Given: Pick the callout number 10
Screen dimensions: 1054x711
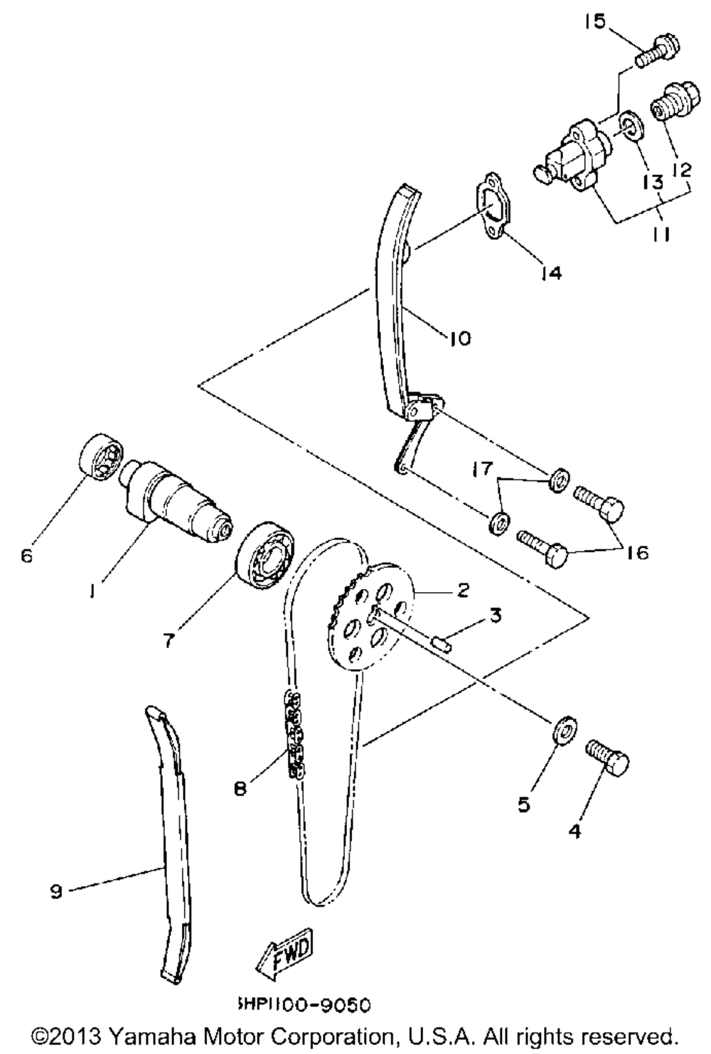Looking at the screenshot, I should tap(460, 338).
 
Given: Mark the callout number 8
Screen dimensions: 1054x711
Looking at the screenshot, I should tap(241, 788).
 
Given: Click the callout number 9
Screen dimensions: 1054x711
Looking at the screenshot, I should tap(56, 891).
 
